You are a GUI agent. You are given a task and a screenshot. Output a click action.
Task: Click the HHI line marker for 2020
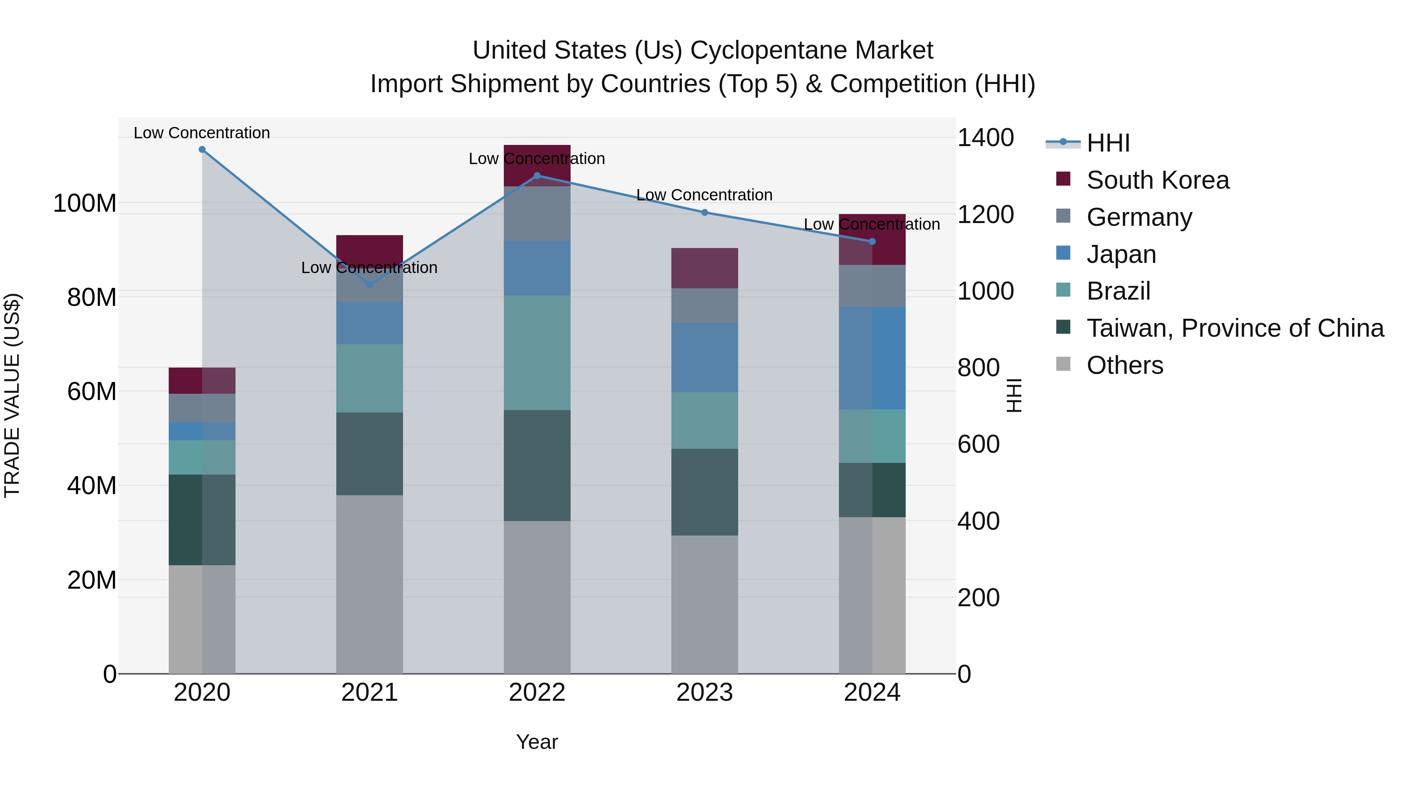coord(202,150)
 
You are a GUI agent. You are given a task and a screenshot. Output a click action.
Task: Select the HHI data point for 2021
coord(369,284)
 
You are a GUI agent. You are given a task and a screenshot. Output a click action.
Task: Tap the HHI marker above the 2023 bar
coord(704,212)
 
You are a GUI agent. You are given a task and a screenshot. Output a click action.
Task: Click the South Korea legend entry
coord(1157,180)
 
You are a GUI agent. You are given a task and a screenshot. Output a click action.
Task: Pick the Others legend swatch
coord(1063,364)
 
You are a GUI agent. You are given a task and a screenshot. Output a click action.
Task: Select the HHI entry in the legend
coord(1108,143)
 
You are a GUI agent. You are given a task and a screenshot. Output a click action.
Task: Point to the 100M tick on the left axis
coord(85,204)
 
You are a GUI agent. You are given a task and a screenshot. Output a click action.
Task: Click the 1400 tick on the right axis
coord(986,137)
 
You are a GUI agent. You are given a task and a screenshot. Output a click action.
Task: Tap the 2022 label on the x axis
coord(537,693)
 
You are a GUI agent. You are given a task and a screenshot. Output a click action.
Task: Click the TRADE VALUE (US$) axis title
coord(12,395)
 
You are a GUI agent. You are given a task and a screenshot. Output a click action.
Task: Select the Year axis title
coord(537,742)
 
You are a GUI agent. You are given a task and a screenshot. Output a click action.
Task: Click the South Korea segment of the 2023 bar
coord(704,268)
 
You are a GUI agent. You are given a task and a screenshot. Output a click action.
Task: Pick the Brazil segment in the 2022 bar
coord(537,353)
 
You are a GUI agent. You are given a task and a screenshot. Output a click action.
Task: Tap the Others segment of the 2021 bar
coord(369,584)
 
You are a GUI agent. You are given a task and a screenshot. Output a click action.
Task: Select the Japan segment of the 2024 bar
coord(872,358)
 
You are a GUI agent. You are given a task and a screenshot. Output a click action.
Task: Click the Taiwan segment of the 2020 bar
coord(202,520)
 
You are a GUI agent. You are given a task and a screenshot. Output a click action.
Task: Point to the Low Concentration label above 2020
coord(202,133)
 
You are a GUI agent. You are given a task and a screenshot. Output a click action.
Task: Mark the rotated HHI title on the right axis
coord(1014,395)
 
